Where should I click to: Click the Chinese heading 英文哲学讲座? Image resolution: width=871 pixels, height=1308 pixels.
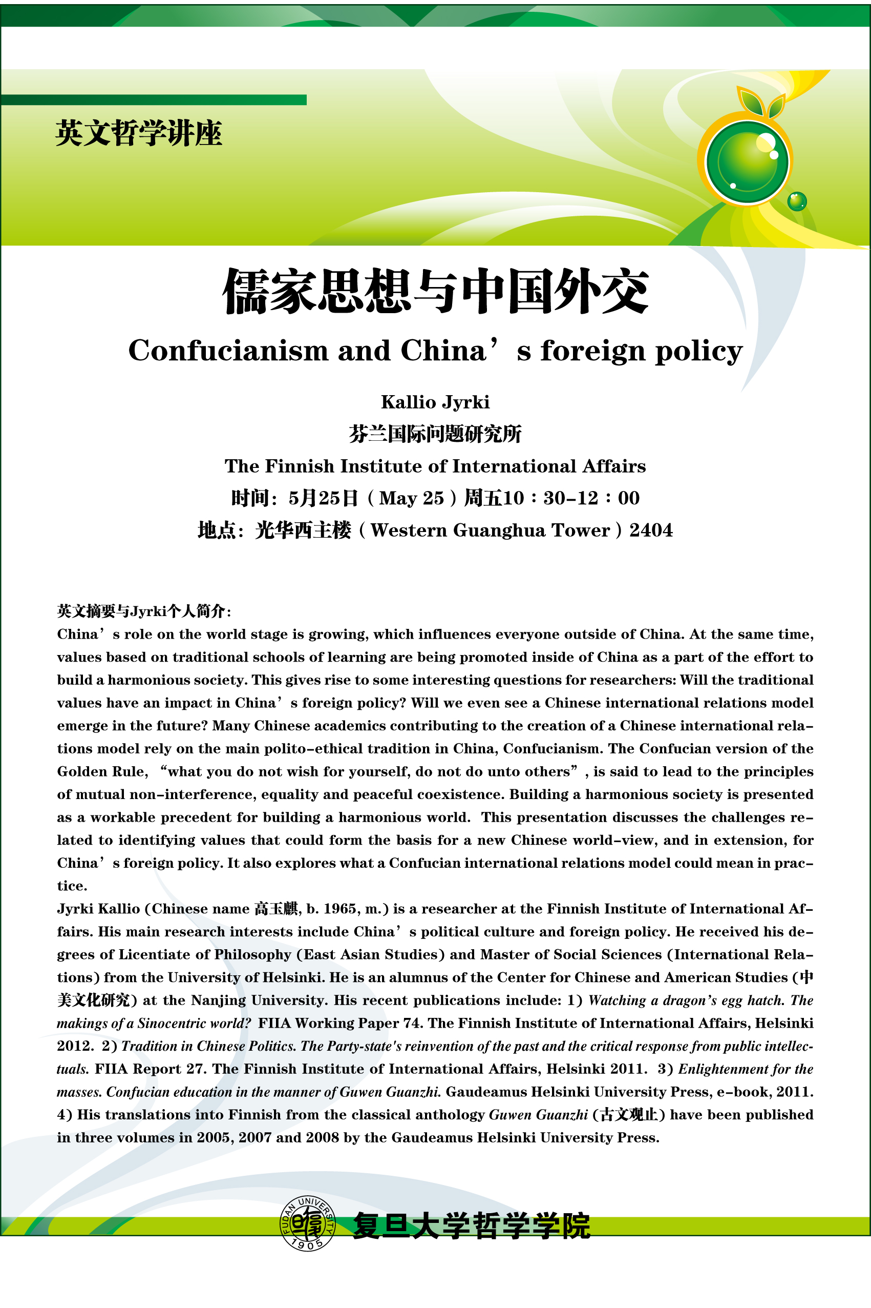coord(138,133)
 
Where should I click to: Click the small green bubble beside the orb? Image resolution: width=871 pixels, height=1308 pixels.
coord(797,201)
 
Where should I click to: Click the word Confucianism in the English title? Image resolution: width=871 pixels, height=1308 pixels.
coord(228,351)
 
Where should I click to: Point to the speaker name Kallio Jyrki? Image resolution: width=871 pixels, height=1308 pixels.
coord(435,402)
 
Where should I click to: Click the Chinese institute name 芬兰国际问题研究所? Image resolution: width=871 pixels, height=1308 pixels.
coord(435,434)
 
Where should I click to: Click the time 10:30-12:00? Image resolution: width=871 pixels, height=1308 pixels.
coord(591,498)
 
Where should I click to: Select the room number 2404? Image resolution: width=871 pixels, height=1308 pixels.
coord(650,530)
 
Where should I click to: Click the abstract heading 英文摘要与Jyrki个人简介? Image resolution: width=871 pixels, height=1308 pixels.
coord(143,611)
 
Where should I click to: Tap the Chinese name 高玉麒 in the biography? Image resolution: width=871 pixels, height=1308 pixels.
coord(277,909)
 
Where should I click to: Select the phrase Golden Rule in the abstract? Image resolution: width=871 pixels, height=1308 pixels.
coord(102,771)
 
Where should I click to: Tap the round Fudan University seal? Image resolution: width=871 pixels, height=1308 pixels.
coord(307,1223)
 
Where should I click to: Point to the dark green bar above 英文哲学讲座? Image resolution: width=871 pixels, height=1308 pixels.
coord(153,100)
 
